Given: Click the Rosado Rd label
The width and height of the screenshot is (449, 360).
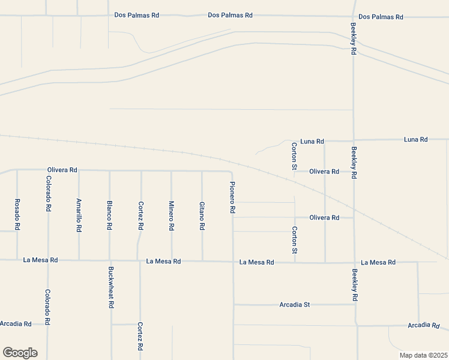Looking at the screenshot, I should pyautogui.click(x=17, y=215).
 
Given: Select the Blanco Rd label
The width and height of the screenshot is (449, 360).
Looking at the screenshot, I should pyautogui.click(x=110, y=215).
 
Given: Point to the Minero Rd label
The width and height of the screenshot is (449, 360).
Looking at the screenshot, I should pyautogui.click(x=171, y=215).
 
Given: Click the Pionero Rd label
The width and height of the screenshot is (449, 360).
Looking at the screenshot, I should pyautogui.click(x=232, y=198).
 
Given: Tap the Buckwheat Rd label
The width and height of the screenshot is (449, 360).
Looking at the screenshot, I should pyautogui.click(x=111, y=287).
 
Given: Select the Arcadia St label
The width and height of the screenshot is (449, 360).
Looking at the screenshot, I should pyautogui.click(x=295, y=305).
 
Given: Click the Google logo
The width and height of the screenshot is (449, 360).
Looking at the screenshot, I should pyautogui.click(x=20, y=353).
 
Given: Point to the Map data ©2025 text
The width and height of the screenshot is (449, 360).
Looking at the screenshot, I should pyautogui.click(x=423, y=355).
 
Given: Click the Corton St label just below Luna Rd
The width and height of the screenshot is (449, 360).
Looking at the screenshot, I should pyautogui.click(x=294, y=156).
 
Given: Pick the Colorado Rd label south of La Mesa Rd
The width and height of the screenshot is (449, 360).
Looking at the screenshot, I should pyautogui.click(x=47, y=307).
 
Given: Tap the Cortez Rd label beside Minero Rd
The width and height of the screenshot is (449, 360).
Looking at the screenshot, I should pyautogui.click(x=140, y=215).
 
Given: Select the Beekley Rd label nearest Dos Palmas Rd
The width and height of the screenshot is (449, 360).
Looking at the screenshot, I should pyautogui.click(x=354, y=40).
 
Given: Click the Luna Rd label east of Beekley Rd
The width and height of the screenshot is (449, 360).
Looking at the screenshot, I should pyautogui.click(x=415, y=139).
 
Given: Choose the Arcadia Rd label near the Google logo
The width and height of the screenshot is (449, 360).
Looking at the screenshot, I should pyautogui.click(x=16, y=323).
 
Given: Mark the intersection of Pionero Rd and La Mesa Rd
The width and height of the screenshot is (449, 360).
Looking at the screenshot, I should pyautogui.click(x=233, y=262).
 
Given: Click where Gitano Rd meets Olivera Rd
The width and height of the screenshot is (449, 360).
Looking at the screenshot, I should pyautogui.click(x=202, y=171).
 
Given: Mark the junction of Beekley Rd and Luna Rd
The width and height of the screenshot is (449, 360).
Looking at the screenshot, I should pyautogui.click(x=354, y=140).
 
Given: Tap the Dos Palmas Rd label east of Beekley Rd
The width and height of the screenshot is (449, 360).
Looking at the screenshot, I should pyautogui.click(x=381, y=17).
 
